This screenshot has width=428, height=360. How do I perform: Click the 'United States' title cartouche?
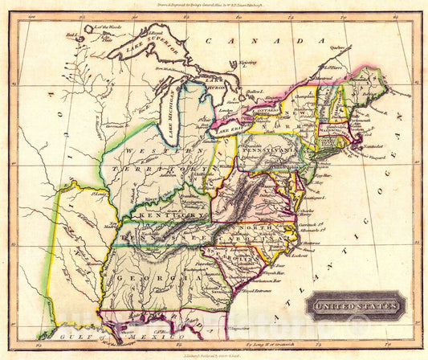coord(353,306)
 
